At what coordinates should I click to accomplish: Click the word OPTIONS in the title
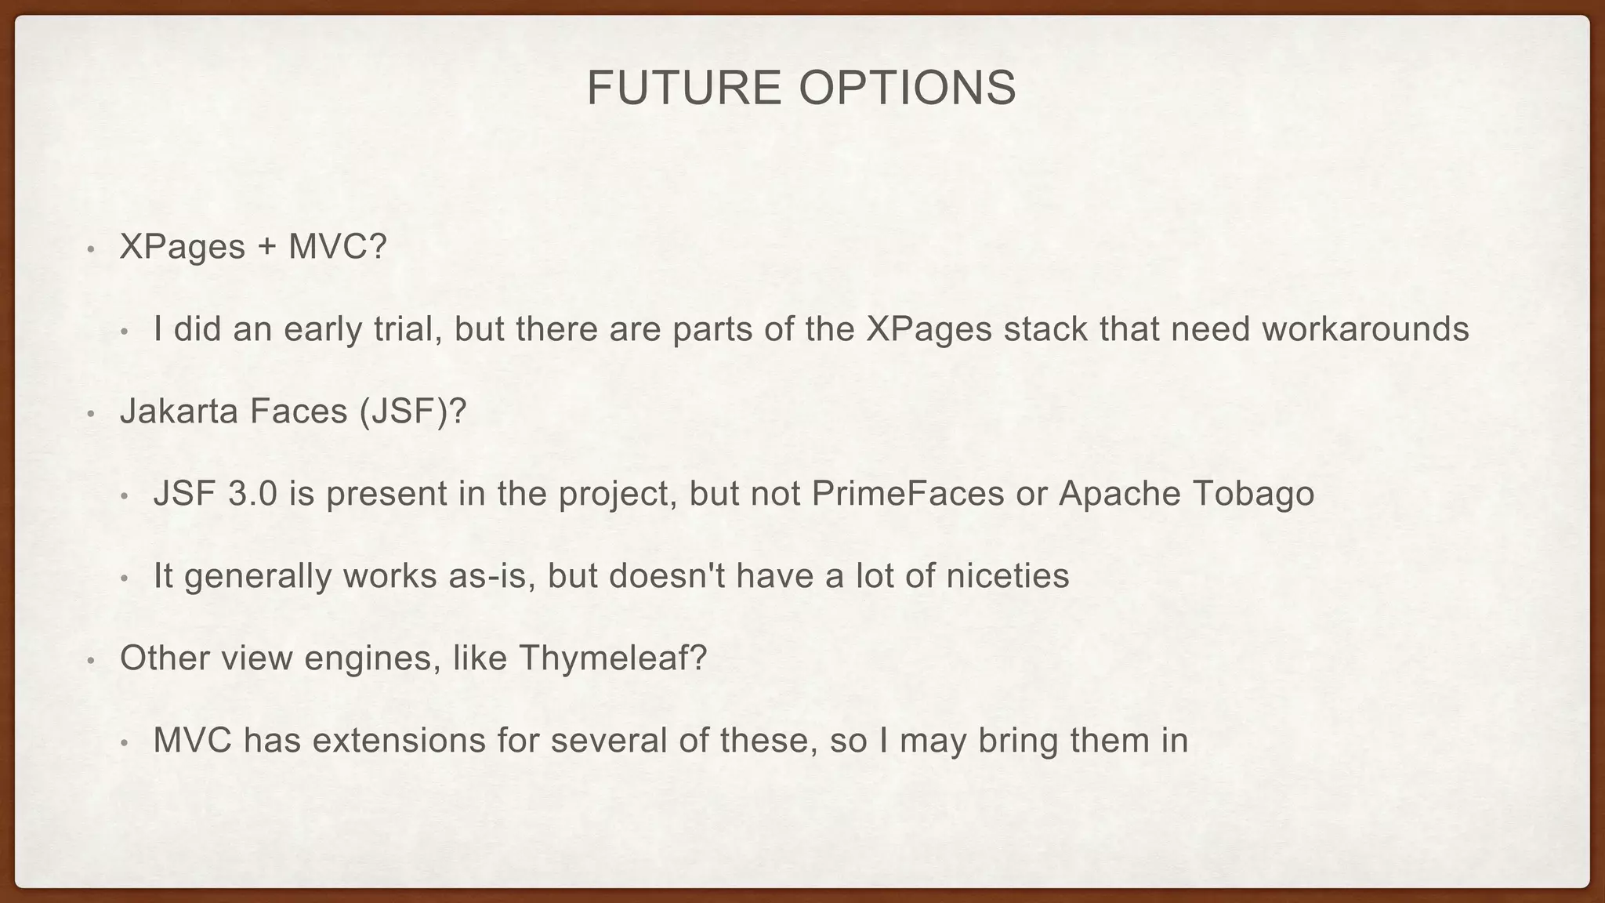pyautogui.click(x=907, y=87)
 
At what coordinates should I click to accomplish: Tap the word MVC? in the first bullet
pyautogui.click(x=338, y=247)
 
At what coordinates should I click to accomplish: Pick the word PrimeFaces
pyautogui.click(x=908, y=494)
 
